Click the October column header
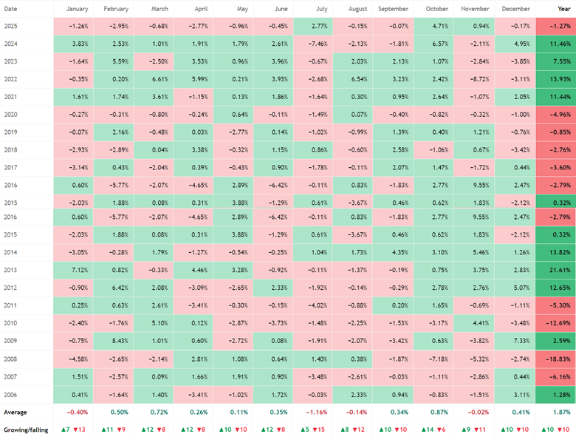point(436,9)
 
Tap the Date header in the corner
point(10,9)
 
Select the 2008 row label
point(10,359)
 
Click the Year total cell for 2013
point(556,270)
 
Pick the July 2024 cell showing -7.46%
point(313,44)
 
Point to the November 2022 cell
point(474,79)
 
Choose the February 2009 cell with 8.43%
point(113,341)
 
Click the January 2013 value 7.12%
point(73,270)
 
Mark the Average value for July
point(317,413)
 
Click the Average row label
point(16,413)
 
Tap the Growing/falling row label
point(26,430)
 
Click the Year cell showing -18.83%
point(556,359)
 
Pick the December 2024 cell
point(515,44)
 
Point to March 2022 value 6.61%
point(154,79)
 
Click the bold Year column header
point(564,9)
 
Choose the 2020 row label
point(10,115)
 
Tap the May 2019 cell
point(233,132)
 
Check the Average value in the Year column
point(562,413)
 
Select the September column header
point(393,9)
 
